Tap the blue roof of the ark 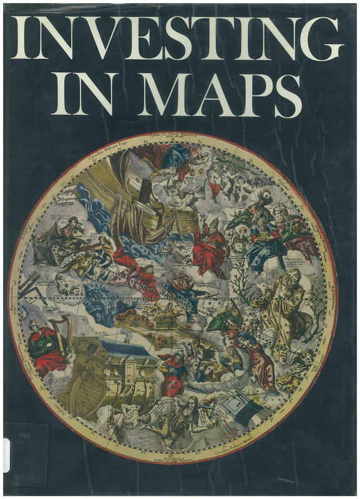pos(124,349)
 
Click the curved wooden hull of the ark pos(94,387)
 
